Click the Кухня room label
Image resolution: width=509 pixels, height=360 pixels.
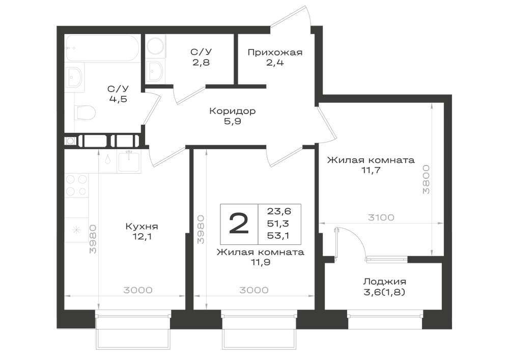click(x=142, y=226)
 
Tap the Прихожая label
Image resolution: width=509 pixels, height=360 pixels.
click(x=275, y=52)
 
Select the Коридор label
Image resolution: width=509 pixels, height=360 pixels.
click(x=233, y=111)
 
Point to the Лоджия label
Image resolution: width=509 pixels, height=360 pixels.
click(x=385, y=282)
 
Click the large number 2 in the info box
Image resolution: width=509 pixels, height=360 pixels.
click(x=239, y=224)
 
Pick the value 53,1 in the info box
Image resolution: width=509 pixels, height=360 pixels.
click(x=279, y=236)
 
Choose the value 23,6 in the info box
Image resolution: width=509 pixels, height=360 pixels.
click(x=279, y=212)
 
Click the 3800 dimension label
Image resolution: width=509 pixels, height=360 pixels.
click(x=426, y=179)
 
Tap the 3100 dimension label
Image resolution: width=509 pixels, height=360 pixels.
click(x=381, y=217)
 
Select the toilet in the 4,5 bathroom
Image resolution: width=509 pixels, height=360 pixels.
click(x=84, y=113)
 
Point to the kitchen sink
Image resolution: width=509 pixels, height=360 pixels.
click(x=129, y=161)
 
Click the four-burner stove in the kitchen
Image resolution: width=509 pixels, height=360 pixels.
click(x=77, y=185)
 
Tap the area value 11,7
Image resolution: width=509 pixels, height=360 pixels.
click(x=371, y=170)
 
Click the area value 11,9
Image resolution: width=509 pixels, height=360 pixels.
click(x=261, y=262)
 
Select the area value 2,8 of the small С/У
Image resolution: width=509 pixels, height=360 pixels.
click(x=201, y=62)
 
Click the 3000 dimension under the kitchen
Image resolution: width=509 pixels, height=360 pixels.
click(x=138, y=290)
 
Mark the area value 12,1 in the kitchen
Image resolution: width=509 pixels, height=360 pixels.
click(x=142, y=236)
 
